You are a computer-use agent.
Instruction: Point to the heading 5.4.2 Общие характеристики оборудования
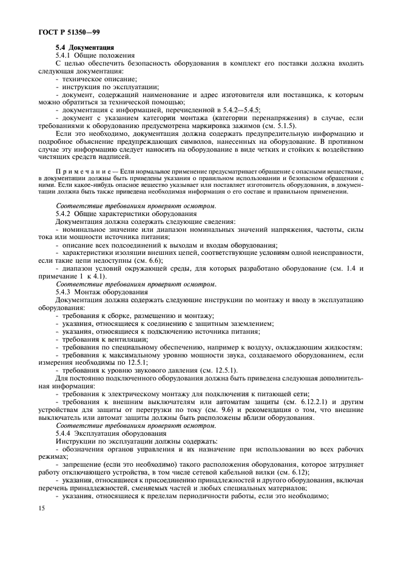coord(134,214)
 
